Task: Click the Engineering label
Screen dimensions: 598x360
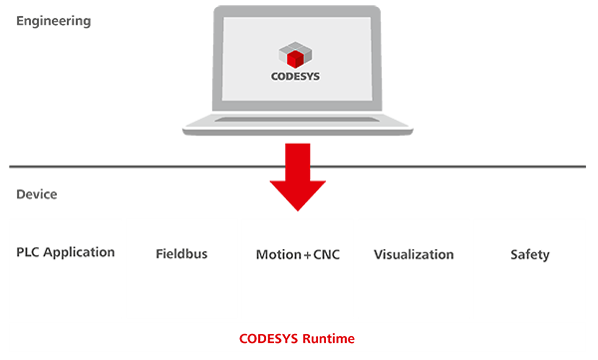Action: (54, 21)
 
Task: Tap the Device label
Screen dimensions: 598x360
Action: (37, 194)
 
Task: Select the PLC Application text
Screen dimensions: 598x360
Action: (65, 252)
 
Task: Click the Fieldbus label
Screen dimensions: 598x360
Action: (181, 254)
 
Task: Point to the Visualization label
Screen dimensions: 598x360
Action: (414, 254)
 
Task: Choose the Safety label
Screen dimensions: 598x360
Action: (530, 255)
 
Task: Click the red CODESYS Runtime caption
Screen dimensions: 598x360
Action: (297, 339)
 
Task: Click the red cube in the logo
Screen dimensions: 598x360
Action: (295, 60)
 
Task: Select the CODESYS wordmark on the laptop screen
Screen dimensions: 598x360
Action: (296, 77)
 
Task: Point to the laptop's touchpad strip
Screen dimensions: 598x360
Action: (297, 120)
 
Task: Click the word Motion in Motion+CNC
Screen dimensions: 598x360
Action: (279, 254)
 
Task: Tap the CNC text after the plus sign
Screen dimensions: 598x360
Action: (327, 254)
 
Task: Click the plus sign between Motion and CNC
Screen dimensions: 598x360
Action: (307, 255)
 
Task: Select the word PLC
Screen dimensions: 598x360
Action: (28, 252)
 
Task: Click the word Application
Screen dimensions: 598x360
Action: (79, 252)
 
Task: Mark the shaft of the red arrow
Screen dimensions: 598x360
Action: (298, 163)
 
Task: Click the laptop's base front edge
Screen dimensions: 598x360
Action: (297, 132)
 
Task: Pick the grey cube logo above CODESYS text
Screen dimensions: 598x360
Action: (295, 55)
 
